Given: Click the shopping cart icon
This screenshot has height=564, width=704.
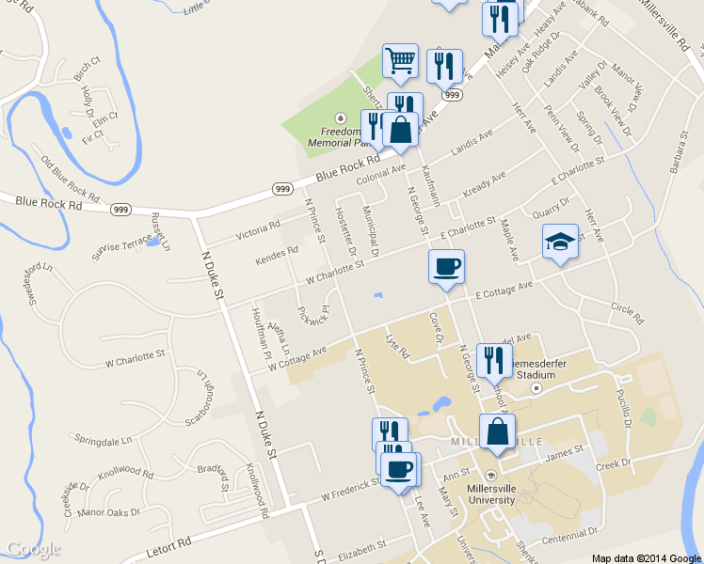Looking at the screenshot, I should point(400,62).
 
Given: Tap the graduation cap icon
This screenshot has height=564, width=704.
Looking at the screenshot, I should point(560,242).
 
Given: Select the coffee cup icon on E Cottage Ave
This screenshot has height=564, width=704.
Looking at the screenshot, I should point(445,266).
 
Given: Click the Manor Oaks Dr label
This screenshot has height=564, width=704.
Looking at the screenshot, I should point(108,512).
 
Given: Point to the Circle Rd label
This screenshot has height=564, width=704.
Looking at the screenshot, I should point(626,313).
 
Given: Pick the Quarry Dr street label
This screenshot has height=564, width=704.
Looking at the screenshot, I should point(551,207).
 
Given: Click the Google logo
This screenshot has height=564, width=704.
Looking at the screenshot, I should point(33,549).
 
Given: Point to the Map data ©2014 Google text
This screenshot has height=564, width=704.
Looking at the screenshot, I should point(647,558).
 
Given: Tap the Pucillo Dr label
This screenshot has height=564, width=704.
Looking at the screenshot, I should point(624,409).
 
